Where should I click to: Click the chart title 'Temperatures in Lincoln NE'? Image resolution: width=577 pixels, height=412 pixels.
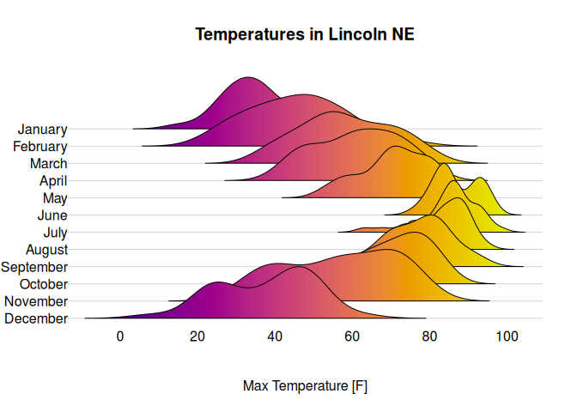pos(305,34)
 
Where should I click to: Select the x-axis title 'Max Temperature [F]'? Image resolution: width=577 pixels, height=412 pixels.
pos(305,386)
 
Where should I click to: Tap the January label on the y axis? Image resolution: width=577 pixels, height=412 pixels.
pos(42,130)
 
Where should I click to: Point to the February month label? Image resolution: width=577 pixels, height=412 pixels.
pos(40,147)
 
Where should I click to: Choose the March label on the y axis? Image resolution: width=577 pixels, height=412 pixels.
pos(48,164)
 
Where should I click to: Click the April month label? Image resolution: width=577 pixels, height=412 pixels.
pos(53,181)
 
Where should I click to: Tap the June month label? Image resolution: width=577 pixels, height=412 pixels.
pos(52,215)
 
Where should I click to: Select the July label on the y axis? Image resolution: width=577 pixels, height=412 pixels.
pos(55,233)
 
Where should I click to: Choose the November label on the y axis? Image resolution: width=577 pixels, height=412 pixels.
pos(36,301)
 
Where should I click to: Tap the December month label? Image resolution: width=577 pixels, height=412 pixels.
pos(36,319)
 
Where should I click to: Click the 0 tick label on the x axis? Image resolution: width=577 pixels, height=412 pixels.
pos(120,336)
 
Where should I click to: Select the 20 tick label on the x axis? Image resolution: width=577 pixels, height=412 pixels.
pos(197,336)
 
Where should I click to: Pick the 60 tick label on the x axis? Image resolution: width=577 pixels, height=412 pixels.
pos(353,336)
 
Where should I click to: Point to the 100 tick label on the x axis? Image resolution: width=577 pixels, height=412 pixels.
pos(507,336)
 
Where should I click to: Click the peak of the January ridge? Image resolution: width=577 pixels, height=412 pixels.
pos(248,77)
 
